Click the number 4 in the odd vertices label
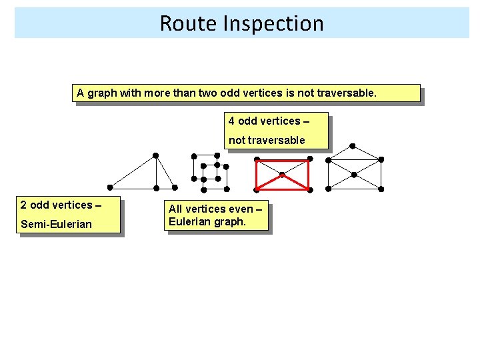click(231, 121)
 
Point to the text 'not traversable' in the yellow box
click(267, 140)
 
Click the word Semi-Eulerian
click(56, 224)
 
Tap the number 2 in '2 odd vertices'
click(23, 205)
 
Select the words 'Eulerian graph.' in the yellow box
click(207, 221)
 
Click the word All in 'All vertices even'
click(177, 209)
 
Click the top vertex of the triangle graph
click(155, 155)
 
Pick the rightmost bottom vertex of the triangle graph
click(175, 187)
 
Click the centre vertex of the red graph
click(283, 175)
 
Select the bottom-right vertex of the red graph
click(310, 190)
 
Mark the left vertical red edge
click(257, 175)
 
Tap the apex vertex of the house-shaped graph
click(353, 145)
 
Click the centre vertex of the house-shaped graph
click(354, 175)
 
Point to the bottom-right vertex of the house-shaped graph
click(381, 189)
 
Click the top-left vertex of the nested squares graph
click(194, 156)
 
